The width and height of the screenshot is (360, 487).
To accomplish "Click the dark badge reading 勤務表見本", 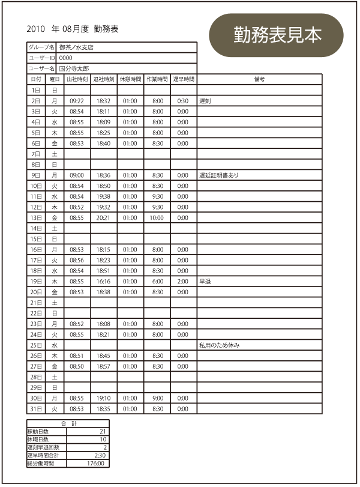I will pyautogui.click(x=277, y=35).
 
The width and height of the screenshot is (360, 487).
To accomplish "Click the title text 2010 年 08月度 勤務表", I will pyautogui.click(x=73, y=29).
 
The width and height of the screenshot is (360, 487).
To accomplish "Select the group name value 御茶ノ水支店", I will pyautogui.click(x=76, y=47).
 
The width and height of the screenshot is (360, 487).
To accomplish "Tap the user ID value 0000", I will pyautogui.click(x=65, y=58).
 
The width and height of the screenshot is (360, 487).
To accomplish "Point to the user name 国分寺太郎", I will pyautogui.click(x=74, y=68).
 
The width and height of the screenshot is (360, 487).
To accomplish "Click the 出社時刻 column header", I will pyautogui.click(x=77, y=79).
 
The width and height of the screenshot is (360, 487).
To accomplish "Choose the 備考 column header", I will pyautogui.click(x=259, y=79).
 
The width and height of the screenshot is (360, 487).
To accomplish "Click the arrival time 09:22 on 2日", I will pyautogui.click(x=77, y=101).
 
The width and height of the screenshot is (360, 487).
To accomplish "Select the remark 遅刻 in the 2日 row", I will pyautogui.click(x=205, y=101).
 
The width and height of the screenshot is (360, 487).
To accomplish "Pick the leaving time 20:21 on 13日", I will pyautogui.click(x=103, y=217).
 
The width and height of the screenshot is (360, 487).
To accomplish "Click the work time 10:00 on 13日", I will pyautogui.click(x=157, y=217).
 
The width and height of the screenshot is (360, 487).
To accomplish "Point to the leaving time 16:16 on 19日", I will pyautogui.click(x=103, y=281).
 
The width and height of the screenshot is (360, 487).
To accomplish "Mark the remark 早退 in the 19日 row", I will pyautogui.click(x=205, y=281).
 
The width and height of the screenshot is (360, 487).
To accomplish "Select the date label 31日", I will pyautogui.click(x=36, y=409).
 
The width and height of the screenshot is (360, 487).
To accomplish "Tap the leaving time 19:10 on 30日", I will pyautogui.click(x=103, y=398).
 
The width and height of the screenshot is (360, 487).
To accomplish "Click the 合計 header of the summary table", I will pyautogui.click(x=68, y=424).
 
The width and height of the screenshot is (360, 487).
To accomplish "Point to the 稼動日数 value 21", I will pyautogui.click(x=102, y=432).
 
